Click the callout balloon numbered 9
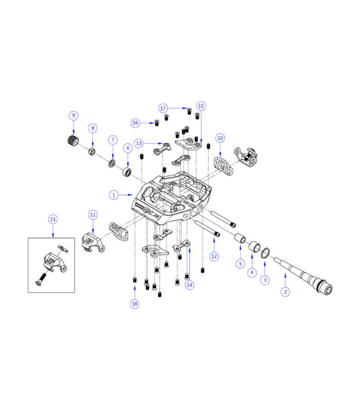73,115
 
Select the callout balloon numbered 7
112,140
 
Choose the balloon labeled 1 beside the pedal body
114,195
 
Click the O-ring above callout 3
265,253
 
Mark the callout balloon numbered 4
252,272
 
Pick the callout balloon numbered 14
190,285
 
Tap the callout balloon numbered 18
134,304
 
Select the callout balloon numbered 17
163,108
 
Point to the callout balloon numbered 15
201,106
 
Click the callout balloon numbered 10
220,138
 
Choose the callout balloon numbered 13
139,142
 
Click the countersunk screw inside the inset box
41,281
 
